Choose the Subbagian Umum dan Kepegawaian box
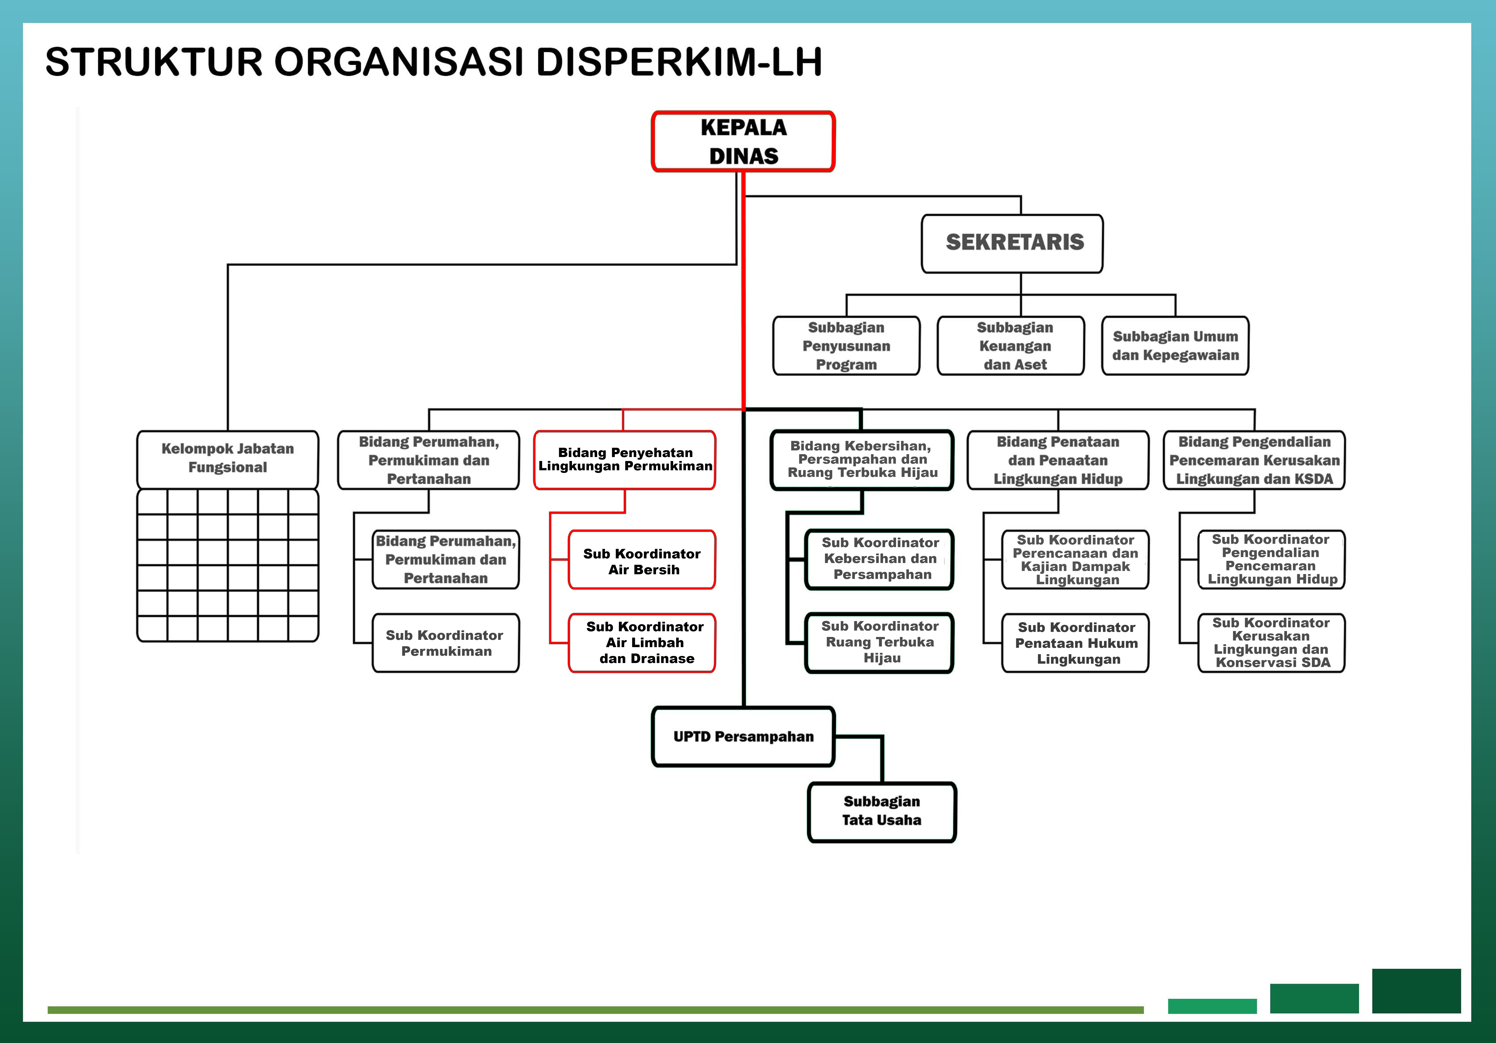[1175, 346]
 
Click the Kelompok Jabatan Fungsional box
[227, 458]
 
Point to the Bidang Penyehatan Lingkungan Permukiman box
[624, 460]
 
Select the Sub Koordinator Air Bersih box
[642, 560]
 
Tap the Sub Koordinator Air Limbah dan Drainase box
[642, 642]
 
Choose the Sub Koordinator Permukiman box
[446, 642]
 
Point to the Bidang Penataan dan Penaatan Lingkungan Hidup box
[1057, 460]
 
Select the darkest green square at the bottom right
[1416, 990]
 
